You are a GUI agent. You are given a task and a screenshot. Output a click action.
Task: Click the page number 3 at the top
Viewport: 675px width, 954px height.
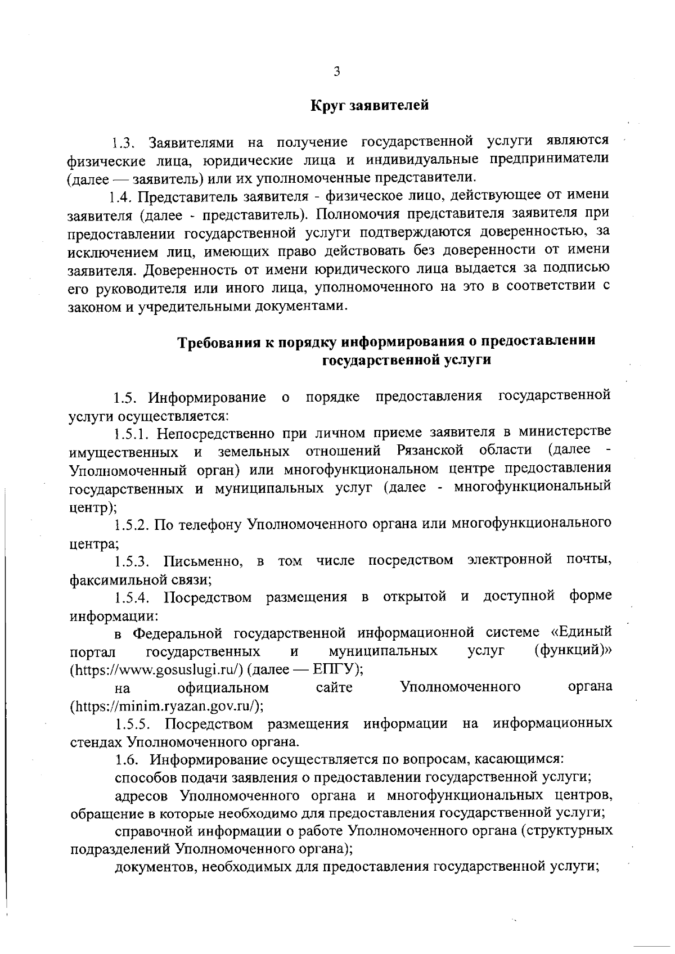pos(336,71)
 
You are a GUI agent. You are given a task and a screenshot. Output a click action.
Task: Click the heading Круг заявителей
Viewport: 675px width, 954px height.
pos(370,105)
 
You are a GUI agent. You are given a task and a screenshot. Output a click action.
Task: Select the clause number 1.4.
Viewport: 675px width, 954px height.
pos(120,197)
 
